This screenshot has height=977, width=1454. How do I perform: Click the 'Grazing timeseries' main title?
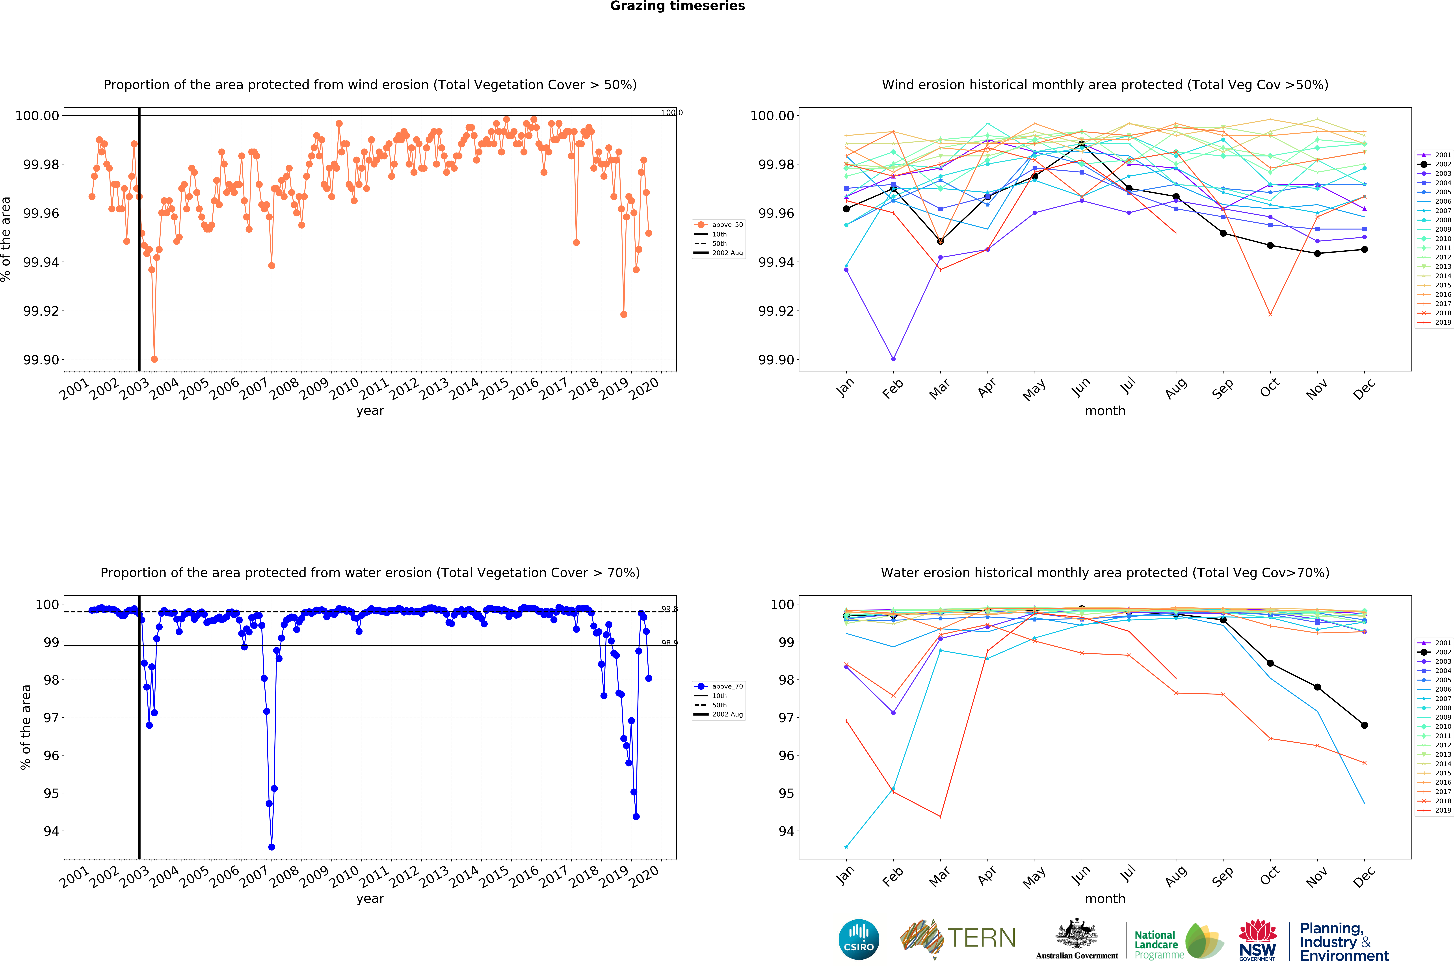pos(677,6)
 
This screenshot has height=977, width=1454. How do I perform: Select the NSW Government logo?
pos(1257,940)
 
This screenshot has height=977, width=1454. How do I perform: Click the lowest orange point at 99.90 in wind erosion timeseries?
pos(154,359)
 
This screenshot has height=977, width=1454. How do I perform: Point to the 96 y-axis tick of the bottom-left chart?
pos(51,756)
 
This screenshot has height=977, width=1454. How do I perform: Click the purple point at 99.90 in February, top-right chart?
pos(893,359)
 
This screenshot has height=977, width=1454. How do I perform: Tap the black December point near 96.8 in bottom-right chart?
pos(1364,725)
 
